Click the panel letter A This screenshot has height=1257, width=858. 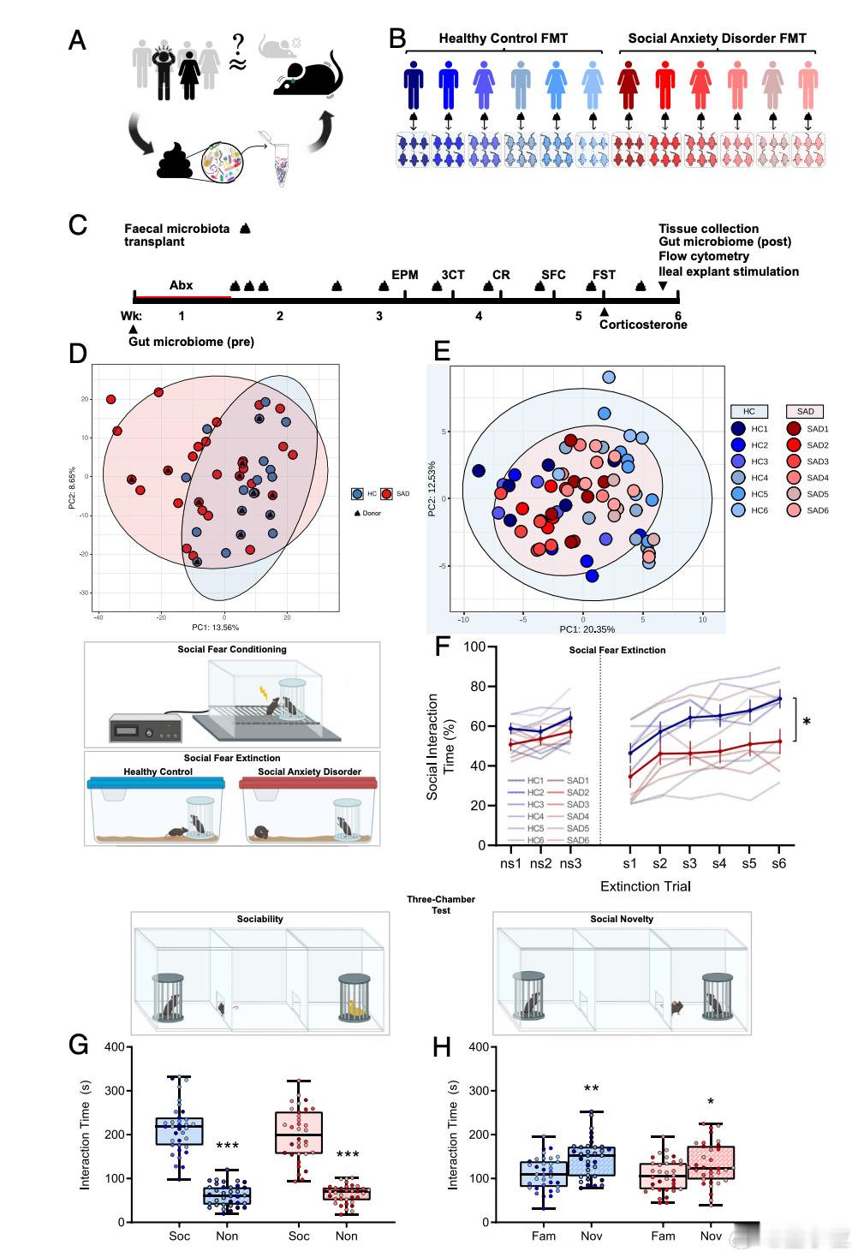(x=77, y=40)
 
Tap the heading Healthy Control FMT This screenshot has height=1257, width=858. (x=503, y=38)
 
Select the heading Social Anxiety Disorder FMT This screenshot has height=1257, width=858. (x=717, y=38)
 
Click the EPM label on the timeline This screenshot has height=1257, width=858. (x=405, y=275)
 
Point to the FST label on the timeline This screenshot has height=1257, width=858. (x=604, y=275)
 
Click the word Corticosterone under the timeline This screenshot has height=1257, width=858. (x=642, y=325)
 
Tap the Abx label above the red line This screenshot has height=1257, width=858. (x=181, y=285)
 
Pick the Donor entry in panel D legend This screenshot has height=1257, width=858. (x=368, y=513)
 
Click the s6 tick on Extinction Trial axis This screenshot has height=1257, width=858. (x=778, y=863)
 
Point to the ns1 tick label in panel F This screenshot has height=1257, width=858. (x=510, y=863)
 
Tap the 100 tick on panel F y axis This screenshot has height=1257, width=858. (x=475, y=646)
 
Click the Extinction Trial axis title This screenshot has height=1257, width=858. (x=645, y=886)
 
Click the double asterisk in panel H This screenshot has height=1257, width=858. (x=591, y=1089)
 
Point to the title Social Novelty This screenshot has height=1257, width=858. (x=622, y=919)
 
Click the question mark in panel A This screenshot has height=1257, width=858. (x=238, y=42)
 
